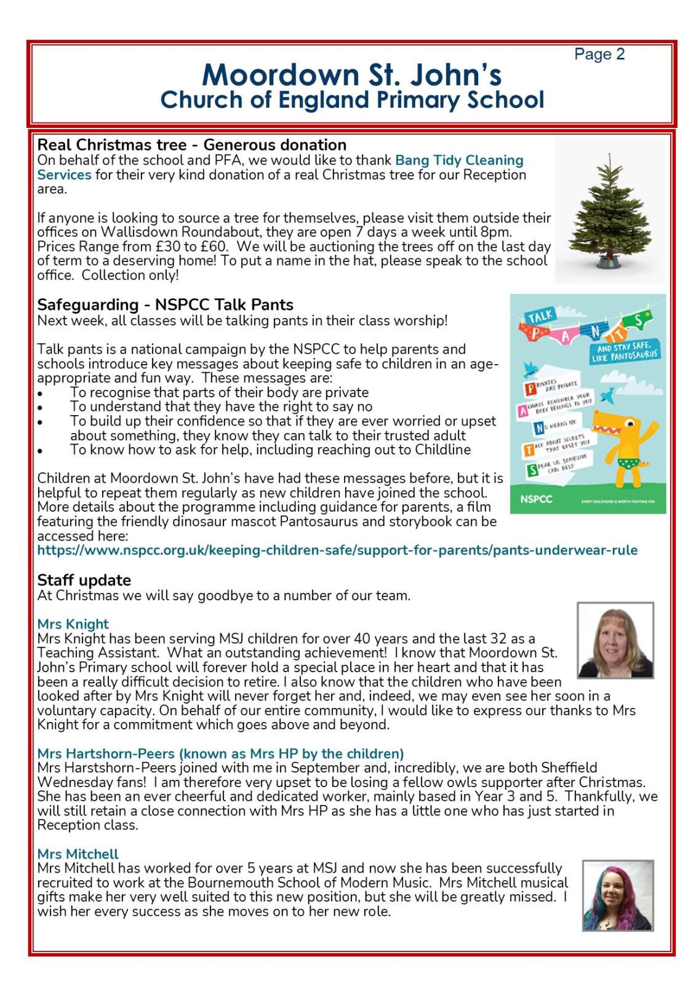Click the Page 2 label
point(599,55)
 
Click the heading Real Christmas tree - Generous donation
point(191,145)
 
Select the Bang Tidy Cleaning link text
point(458,161)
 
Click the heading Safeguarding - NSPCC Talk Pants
point(165,305)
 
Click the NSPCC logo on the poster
point(536,499)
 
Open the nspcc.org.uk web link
point(337,550)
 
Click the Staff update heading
point(84,581)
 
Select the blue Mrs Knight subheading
point(73,624)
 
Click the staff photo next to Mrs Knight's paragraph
point(615,640)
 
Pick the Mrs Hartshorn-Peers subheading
point(220,754)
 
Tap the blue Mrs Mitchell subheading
point(78,854)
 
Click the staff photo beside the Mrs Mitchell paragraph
point(618,895)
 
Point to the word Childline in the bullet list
point(442,450)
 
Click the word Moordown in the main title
point(280,76)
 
